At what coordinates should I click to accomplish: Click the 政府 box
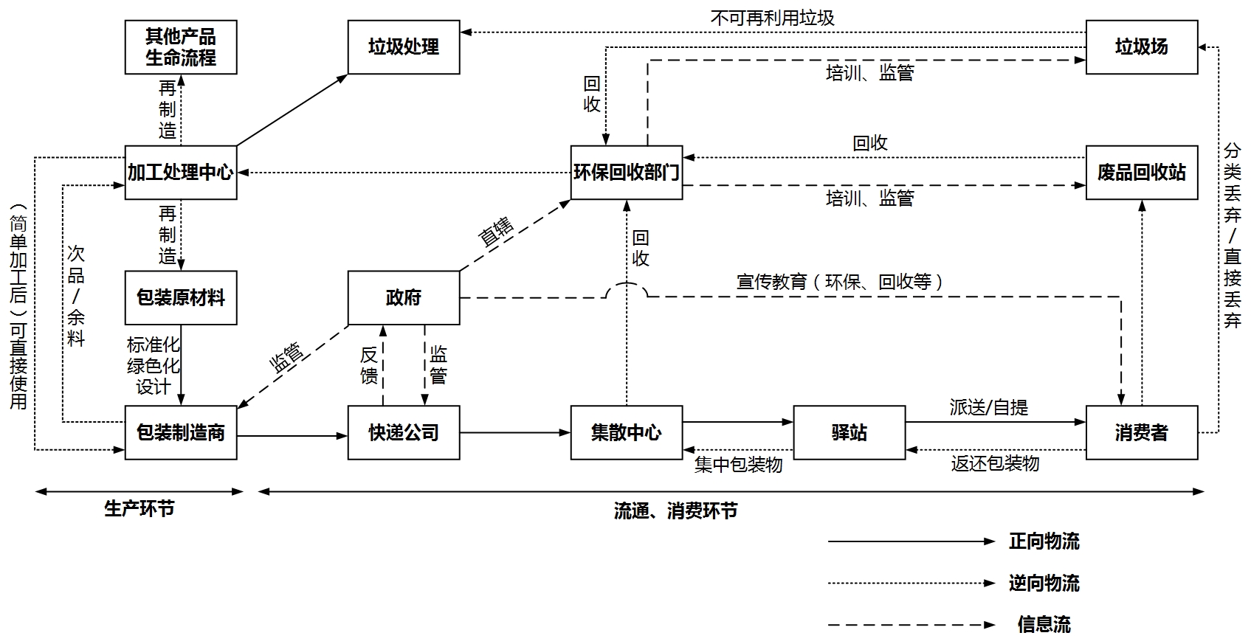pyautogui.click(x=404, y=298)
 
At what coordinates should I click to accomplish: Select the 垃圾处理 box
pyautogui.click(x=404, y=47)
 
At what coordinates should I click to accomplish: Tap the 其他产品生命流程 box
pyautogui.click(x=181, y=47)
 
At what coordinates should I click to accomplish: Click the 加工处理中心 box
pyautogui.click(x=181, y=173)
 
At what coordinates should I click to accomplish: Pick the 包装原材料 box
pyautogui.click(x=181, y=298)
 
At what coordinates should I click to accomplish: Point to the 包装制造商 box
pyautogui.click(x=181, y=432)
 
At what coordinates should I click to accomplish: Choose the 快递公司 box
pyautogui.click(x=404, y=432)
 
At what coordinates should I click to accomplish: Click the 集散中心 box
pyautogui.click(x=627, y=432)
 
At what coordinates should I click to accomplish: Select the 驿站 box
pyautogui.click(x=849, y=432)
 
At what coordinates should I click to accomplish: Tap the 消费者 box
pyautogui.click(x=1142, y=432)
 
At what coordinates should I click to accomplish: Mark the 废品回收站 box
pyautogui.click(x=1142, y=173)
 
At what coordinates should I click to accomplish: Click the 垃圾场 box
pyautogui.click(x=1142, y=47)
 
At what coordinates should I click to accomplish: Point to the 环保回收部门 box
pyautogui.click(x=627, y=173)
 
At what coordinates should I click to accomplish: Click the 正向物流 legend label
pyautogui.click(x=1044, y=541)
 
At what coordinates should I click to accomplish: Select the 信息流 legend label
pyautogui.click(x=1044, y=625)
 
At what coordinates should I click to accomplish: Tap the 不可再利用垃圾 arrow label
pyautogui.click(x=772, y=18)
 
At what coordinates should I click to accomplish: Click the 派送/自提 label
pyautogui.click(x=988, y=407)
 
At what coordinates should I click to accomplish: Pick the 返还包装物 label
pyautogui.click(x=995, y=463)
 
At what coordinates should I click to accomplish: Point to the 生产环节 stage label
pyautogui.click(x=139, y=508)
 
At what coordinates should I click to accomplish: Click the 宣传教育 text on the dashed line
pyautogui.click(x=771, y=282)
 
